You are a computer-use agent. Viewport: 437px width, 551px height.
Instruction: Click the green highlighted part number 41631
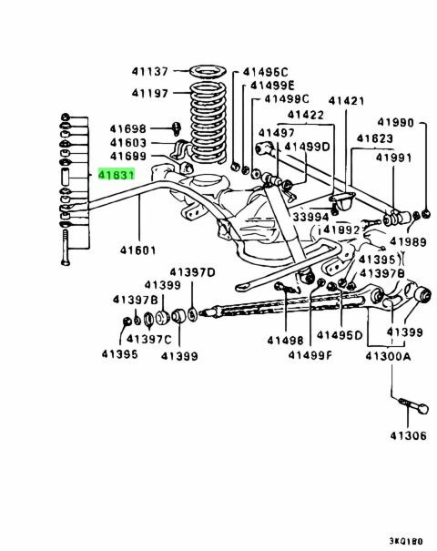(x=117, y=174)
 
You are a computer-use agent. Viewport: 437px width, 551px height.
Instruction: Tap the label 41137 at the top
(x=149, y=71)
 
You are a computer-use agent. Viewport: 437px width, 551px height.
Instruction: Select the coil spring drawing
(x=208, y=123)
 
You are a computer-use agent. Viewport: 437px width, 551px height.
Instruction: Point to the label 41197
(x=149, y=93)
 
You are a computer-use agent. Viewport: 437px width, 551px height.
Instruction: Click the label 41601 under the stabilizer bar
(x=137, y=250)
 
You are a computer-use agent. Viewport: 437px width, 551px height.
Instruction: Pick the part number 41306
(x=408, y=435)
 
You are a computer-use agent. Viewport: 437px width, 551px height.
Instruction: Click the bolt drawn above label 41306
(x=414, y=405)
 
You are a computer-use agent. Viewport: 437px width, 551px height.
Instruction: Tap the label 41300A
(x=388, y=356)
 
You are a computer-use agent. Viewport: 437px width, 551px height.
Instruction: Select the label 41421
(x=346, y=101)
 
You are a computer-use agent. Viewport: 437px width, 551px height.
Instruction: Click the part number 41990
(x=395, y=122)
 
